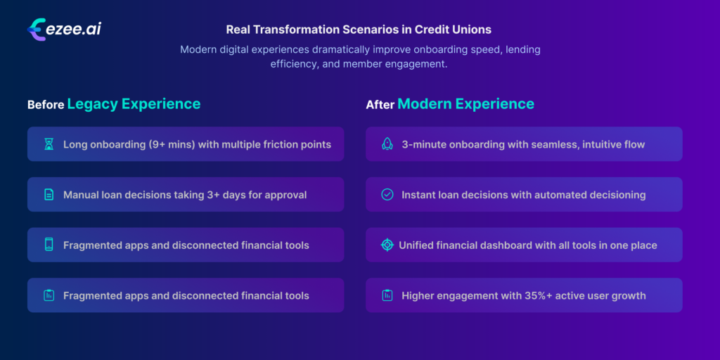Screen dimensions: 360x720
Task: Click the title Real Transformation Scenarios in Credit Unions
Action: [359, 30]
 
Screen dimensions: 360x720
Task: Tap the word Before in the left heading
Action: [45, 105]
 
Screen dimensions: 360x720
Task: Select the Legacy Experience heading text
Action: [134, 104]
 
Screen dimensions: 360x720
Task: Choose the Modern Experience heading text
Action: [465, 104]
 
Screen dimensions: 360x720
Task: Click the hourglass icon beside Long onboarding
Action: [49, 144]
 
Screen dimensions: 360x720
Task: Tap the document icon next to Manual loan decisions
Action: [49, 195]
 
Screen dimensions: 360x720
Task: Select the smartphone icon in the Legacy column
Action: [49, 245]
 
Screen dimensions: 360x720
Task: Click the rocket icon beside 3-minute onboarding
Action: [387, 144]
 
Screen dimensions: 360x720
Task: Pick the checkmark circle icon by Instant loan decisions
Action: [387, 195]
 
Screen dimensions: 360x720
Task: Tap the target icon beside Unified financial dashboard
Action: [387, 245]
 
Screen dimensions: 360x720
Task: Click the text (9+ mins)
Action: [169, 144]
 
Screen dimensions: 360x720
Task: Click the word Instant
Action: [420, 195]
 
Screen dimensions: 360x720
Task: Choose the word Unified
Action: [419, 245]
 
